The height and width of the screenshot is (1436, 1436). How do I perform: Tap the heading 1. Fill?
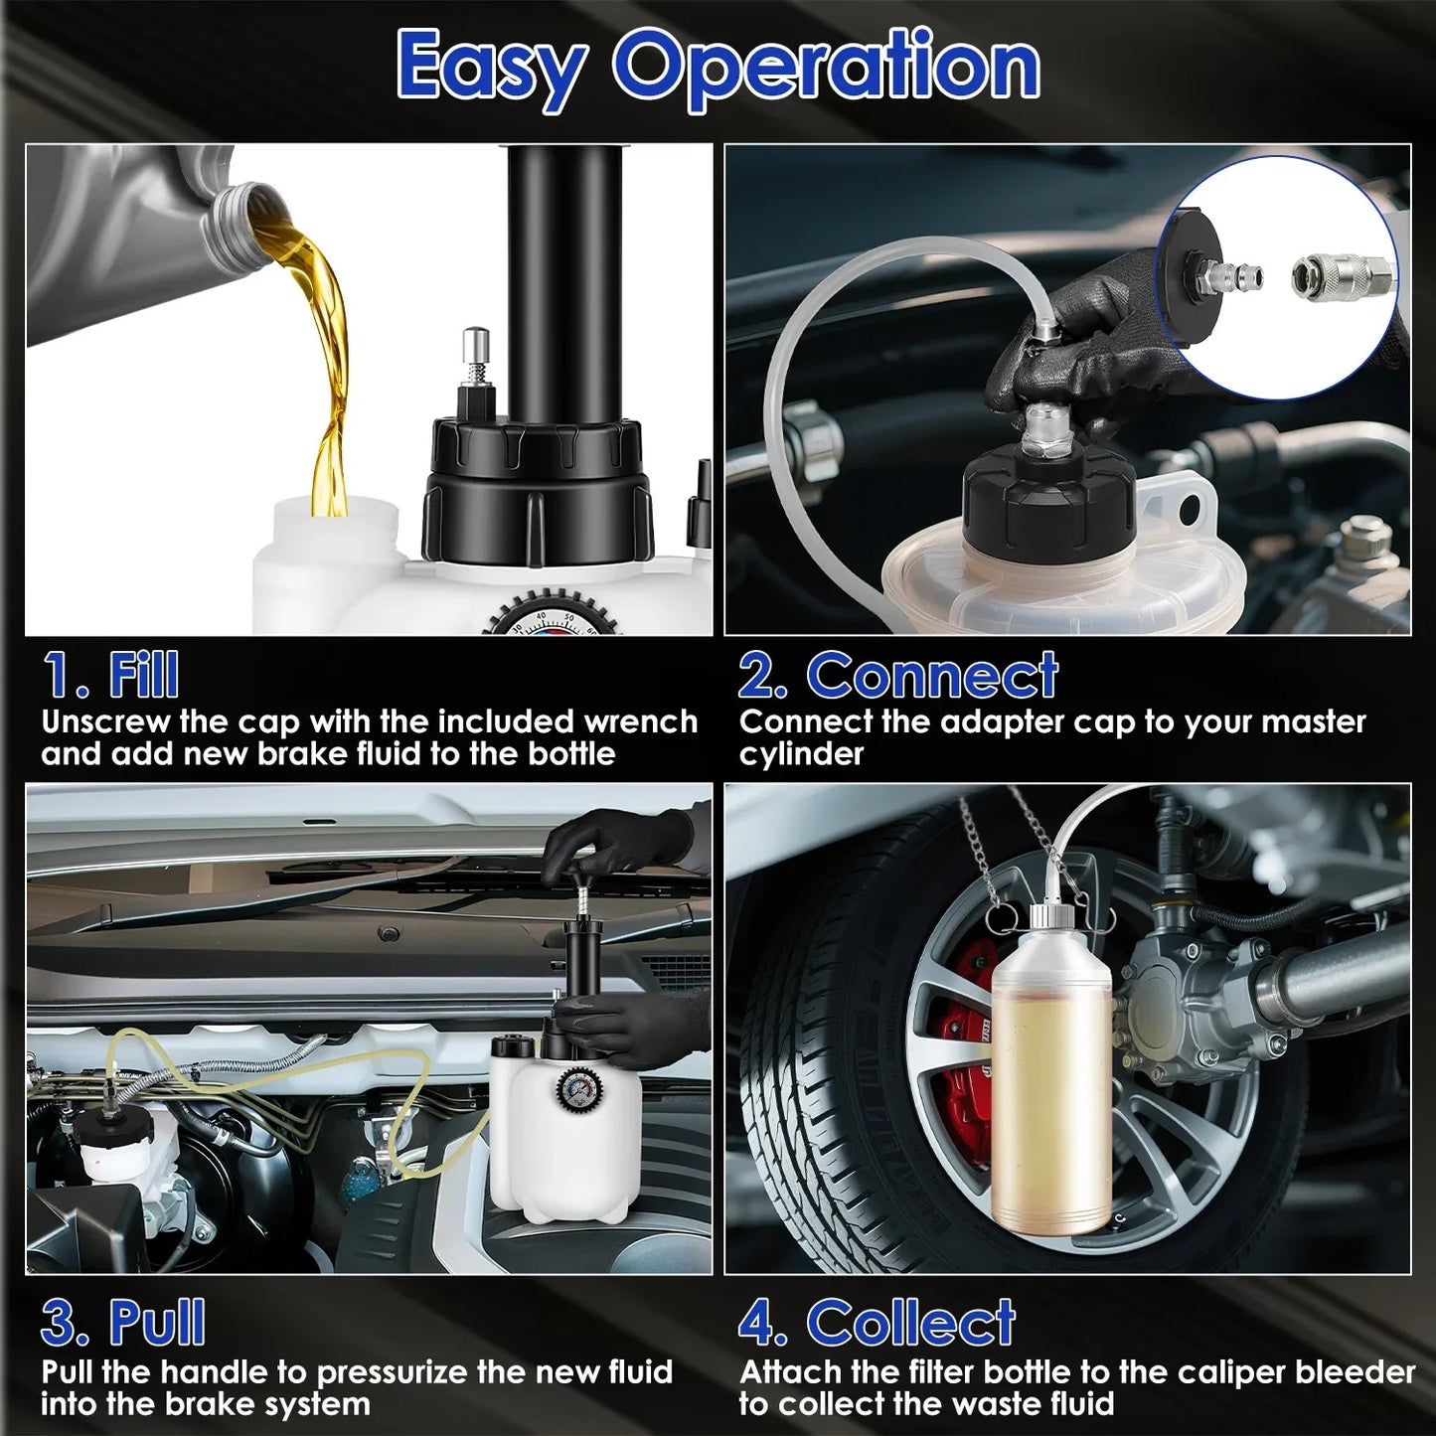point(111,675)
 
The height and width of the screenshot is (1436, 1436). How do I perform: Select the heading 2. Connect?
point(898,675)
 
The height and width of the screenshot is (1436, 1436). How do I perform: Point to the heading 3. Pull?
point(123,1323)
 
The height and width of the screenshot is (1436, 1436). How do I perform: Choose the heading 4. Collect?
point(877,1323)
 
